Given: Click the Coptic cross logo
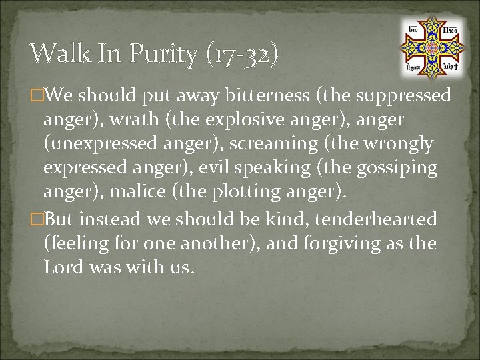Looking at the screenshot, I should [x=431, y=47].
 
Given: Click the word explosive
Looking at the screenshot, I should [x=235, y=120].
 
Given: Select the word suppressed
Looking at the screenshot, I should [x=403, y=96].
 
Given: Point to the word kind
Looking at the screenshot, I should [x=287, y=219].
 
